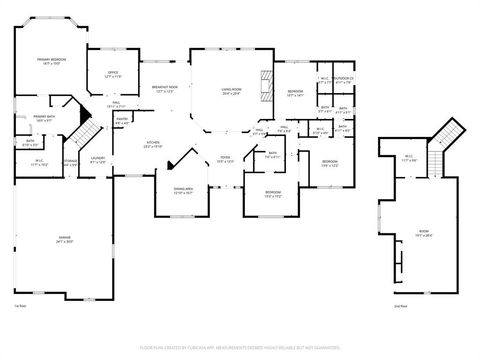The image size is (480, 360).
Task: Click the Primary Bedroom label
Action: pyautogui.click(x=51, y=61)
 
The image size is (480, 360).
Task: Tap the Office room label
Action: pyautogui.click(x=113, y=73)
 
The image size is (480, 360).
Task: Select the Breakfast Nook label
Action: pyautogui.click(x=165, y=89)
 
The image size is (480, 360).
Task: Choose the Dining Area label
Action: pyautogui.click(x=183, y=190)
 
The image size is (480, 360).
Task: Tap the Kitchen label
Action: pyautogui.click(x=154, y=144)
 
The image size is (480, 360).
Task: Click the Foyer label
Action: pyautogui.click(x=226, y=159)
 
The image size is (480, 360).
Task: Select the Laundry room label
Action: pyautogui.click(x=97, y=160)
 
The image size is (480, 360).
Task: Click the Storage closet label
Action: pyautogui.click(x=71, y=162)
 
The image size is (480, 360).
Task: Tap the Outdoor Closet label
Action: pyautogui.click(x=345, y=79)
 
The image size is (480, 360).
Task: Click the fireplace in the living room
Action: pyautogui.click(x=265, y=88)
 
